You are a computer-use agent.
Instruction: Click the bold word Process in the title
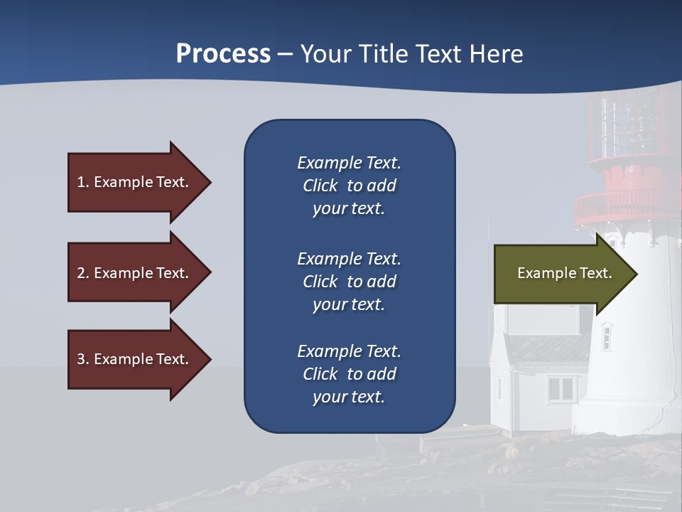(x=223, y=54)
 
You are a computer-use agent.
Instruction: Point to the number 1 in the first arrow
(x=81, y=182)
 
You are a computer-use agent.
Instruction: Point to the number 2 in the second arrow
(x=81, y=273)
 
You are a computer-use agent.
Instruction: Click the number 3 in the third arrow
(x=81, y=359)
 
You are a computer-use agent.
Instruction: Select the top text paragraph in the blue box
(x=349, y=186)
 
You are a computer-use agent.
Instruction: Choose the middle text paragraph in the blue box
(x=349, y=282)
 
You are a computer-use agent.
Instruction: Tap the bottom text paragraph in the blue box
(x=349, y=374)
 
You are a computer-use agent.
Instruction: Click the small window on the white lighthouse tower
(x=606, y=336)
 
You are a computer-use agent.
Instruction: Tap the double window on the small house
(x=561, y=388)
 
